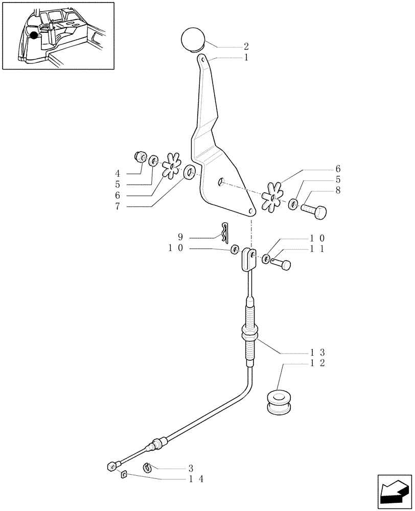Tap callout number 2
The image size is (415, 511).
coord(246,47)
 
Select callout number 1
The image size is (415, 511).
coord(246,58)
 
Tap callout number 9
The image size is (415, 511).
coord(179,237)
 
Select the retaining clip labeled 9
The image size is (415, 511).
coord(225,232)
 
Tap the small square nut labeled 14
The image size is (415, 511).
coord(123,475)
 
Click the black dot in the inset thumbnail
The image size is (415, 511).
coord(34,35)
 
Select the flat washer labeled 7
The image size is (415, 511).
coord(189,173)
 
